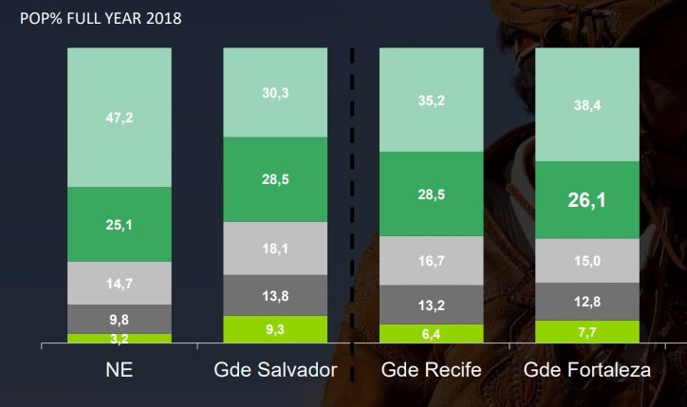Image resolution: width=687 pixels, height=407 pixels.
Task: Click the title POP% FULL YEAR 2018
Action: click(94, 19)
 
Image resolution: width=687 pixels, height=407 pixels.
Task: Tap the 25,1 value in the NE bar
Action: click(119, 225)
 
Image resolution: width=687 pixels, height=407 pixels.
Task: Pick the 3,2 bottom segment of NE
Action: click(119, 338)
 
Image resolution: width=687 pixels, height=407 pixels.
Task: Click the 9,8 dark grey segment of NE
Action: click(119, 319)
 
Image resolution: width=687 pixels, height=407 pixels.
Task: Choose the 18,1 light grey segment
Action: click(275, 249)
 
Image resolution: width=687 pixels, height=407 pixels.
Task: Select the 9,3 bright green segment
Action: click(275, 329)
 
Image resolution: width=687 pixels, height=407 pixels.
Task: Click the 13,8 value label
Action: click(275, 296)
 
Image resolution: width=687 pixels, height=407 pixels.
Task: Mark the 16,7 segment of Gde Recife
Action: click(432, 260)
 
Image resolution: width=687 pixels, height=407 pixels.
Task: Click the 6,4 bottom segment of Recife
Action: click(432, 334)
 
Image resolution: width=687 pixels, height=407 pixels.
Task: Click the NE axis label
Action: click(119, 370)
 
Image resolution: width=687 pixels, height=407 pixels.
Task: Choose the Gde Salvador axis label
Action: click(275, 370)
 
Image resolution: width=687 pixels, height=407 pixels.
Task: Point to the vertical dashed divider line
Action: click(353, 190)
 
